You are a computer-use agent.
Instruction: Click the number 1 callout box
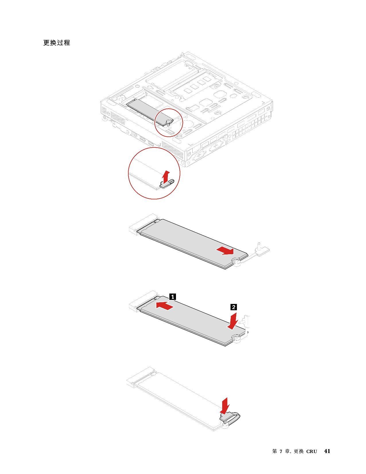click(x=173, y=297)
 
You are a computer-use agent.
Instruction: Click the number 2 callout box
click(x=234, y=307)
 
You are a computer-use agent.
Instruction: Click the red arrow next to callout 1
click(x=165, y=306)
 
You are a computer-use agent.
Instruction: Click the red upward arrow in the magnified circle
click(x=165, y=177)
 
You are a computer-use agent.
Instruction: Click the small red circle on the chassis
click(x=169, y=123)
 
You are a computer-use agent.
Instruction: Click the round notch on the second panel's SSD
click(x=236, y=261)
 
